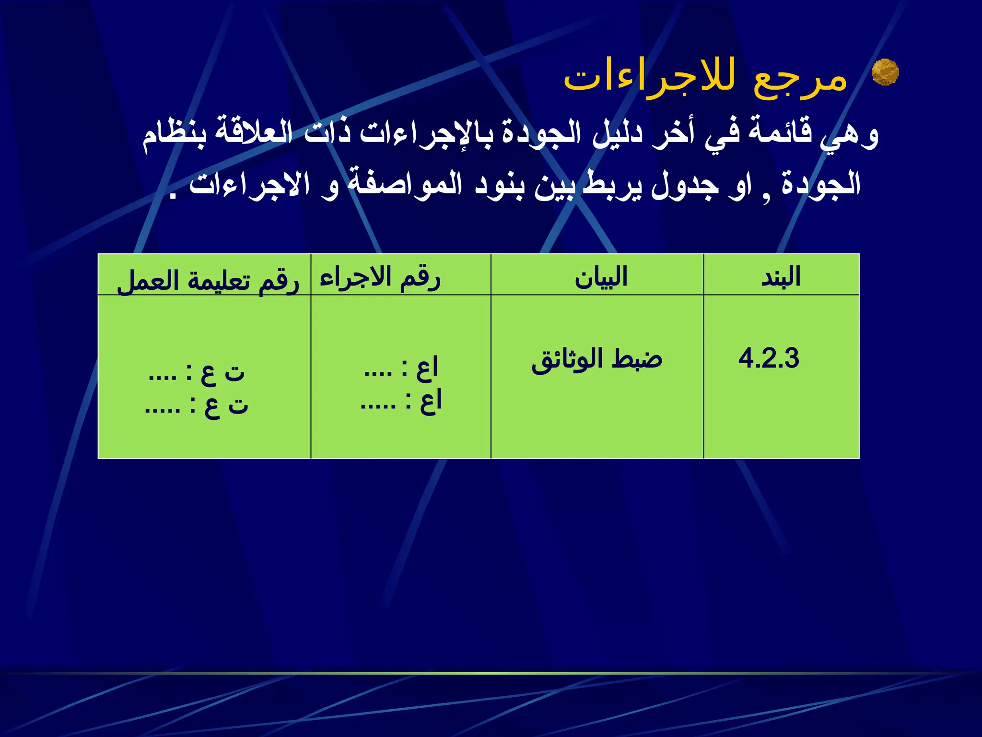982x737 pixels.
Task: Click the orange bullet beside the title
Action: [885, 72]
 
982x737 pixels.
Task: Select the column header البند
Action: [781, 277]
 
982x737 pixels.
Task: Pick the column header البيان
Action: [601, 277]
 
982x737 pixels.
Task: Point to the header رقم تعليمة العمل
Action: [208, 281]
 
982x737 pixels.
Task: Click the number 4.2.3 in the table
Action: [769, 358]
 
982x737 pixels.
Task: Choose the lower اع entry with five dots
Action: [401, 403]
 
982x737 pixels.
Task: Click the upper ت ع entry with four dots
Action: [197, 372]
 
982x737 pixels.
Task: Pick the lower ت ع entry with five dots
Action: [197, 406]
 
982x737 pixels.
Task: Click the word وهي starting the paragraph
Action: [849, 135]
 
